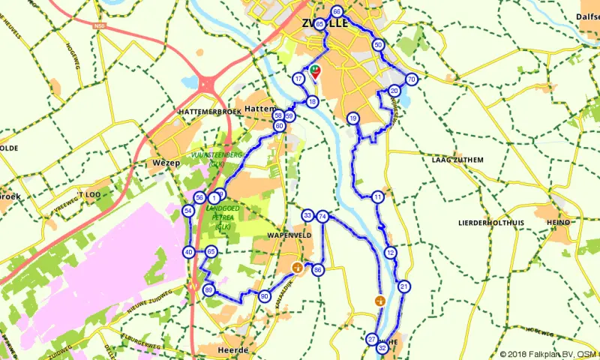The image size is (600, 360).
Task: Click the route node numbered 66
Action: click(337, 12)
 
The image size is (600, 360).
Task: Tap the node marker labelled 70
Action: click(411, 79)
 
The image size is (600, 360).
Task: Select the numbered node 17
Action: click(298, 79)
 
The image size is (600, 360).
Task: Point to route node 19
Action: click(352, 118)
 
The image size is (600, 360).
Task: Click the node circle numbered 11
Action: click(378, 197)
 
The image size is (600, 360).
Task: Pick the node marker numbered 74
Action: click(322, 216)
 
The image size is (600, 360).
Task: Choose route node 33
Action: click(307, 216)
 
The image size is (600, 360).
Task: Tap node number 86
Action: click(318, 269)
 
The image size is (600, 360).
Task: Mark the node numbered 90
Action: click(264, 296)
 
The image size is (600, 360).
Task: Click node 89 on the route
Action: click(208, 290)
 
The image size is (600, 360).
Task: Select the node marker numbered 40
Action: click(188, 252)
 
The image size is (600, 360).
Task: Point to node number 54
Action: click(188, 211)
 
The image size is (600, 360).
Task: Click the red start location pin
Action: click(316, 73)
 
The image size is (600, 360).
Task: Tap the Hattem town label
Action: click(262, 109)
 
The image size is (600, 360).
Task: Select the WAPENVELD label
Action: click(283, 235)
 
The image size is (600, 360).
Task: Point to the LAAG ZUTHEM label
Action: click(457, 160)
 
